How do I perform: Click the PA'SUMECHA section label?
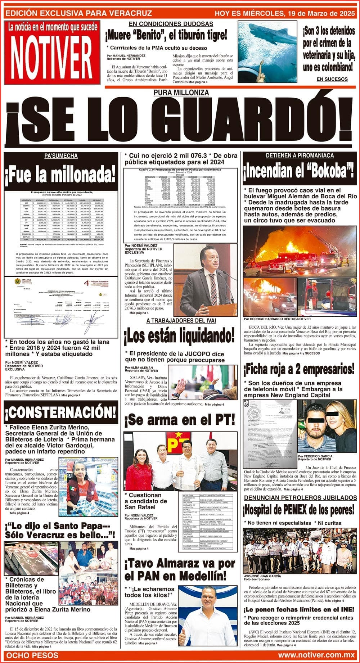click(61, 156)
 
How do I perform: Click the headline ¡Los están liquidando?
click(179, 336)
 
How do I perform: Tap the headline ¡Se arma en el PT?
click(179, 420)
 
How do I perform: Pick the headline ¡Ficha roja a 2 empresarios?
click(299, 369)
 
